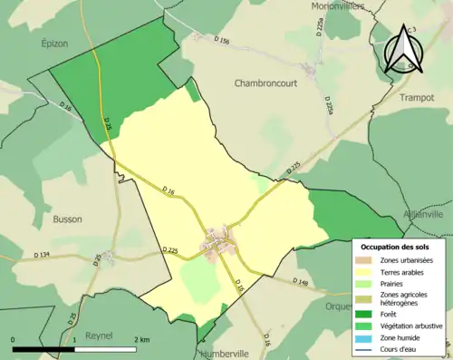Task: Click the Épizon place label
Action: click(55, 43)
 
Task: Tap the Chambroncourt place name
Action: click(272, 83)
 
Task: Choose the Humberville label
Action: click(228, 354)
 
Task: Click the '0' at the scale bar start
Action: click(14, 339)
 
